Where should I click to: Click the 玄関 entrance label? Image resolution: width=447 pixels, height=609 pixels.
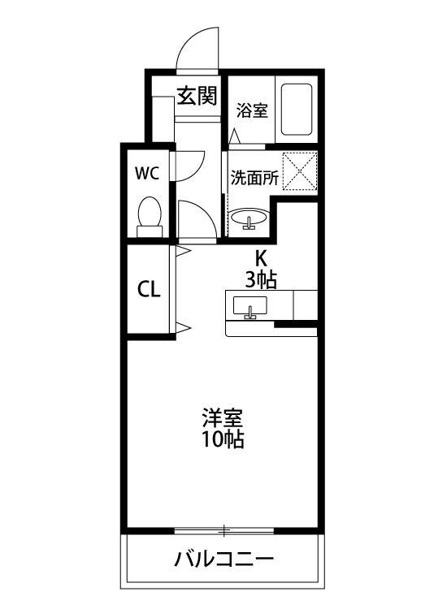[x=197, y=96]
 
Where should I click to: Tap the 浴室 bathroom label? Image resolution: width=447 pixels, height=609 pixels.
[x=252, y=110]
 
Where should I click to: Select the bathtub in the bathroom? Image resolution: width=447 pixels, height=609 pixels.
[x=296, y=110]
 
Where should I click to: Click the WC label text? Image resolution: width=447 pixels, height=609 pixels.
[x=146, y=173]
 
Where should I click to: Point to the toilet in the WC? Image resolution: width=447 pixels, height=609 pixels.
[x=150, y=215]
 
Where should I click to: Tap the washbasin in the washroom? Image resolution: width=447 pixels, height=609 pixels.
[x=249, y=218]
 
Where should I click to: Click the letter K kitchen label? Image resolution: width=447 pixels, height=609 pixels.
[x=261, y=258]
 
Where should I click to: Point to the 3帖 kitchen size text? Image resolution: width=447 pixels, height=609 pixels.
[x=261, y=280]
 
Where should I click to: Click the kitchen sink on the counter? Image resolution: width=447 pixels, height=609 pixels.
[x=250, y=308]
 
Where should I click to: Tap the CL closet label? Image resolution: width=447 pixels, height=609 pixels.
[x=148, y=290]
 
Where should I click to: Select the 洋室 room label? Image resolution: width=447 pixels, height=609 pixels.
[x=223, y=420]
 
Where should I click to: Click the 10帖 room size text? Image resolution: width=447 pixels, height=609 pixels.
[x=223, y=441]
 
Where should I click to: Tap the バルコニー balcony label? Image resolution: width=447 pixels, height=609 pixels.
[x=223, y=559]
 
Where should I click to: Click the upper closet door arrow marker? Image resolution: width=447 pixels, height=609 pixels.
[x=184, y=253]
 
